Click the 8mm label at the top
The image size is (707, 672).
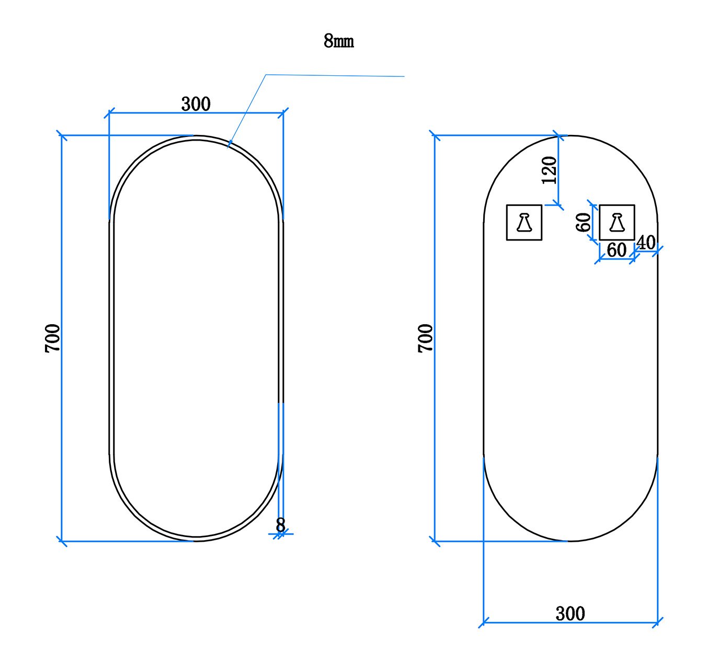click(x=338, y=41)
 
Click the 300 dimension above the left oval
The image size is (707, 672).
click(x=196, y=104)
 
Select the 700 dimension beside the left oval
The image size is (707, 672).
click(x=52, y=338)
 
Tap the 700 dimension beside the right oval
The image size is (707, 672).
click(x=426, y=338)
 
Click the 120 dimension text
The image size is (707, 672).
click(x=549, y=170)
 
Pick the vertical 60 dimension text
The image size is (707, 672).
click(x=583, y=222)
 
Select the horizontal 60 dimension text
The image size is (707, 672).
click(x=617, y=250)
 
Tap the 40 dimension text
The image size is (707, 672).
click(x=646, y=243)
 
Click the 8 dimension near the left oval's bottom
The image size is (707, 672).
click(x=280, y=525)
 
